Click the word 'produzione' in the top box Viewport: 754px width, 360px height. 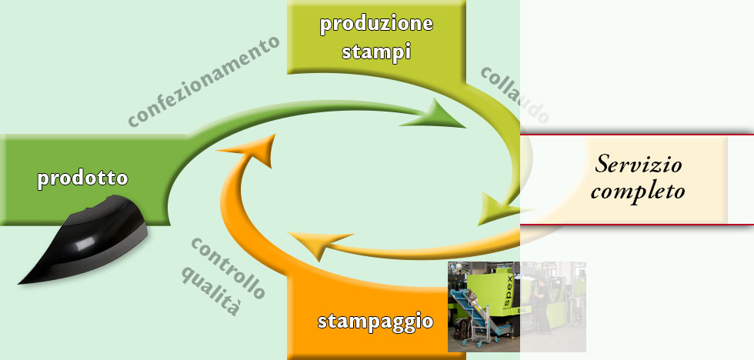376,24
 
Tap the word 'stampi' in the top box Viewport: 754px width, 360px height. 376,51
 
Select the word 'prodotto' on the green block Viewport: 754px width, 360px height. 83,178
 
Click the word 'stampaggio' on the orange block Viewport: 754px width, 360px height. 375,321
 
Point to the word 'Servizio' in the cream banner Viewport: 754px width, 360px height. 639,165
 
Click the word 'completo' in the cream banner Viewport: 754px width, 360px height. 638,192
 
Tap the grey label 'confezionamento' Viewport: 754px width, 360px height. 204,81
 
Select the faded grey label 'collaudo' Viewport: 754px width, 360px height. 515,95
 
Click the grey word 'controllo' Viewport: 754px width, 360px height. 228,267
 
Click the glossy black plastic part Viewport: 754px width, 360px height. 83,239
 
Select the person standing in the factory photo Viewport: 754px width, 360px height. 542,307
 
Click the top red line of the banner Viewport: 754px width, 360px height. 637,135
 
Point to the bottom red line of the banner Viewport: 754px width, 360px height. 637,225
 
